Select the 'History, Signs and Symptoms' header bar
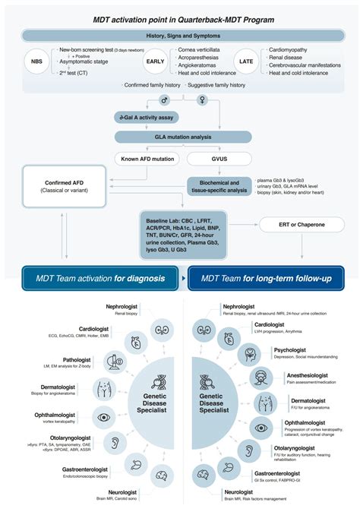[179, 36]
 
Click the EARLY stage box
[155, 62]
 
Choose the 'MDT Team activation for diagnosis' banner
[99, 279]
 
